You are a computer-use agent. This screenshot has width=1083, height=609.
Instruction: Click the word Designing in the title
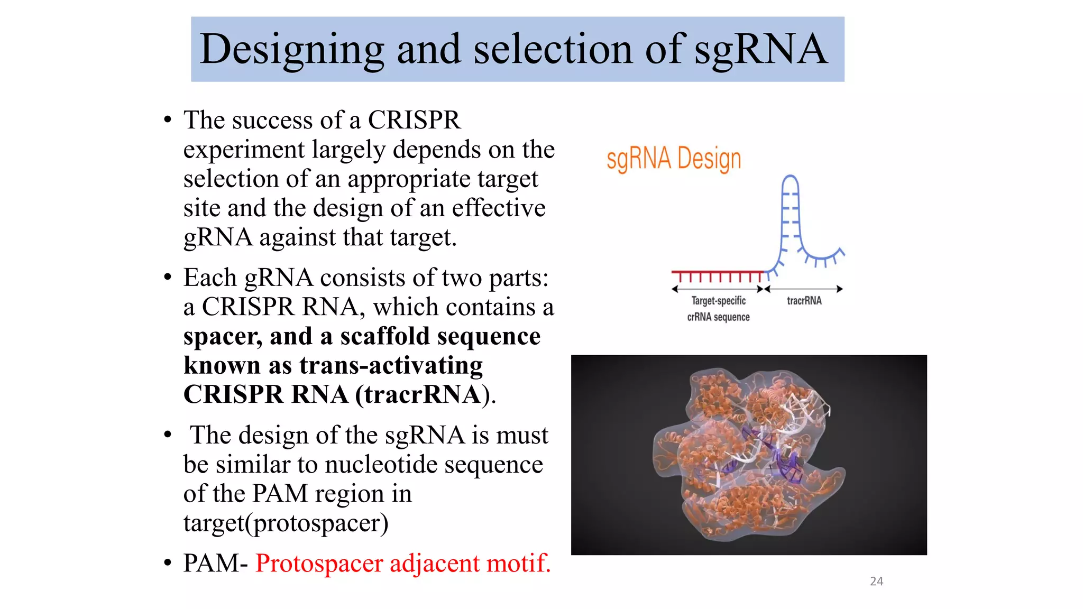[x=292, y=50]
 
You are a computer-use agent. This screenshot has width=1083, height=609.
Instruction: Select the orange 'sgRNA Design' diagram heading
[x=674, y=159]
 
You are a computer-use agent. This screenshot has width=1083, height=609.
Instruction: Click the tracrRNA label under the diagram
[x=804, y=301]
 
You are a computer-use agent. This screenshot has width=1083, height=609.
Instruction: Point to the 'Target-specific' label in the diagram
[x=718, y=301]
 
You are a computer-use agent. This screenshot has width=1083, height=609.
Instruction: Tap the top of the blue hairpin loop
[x=790, y=178]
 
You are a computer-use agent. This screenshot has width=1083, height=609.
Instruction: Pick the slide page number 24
[x=876, y=582]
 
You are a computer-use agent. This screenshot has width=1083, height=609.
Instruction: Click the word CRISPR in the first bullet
[x=414, y=120]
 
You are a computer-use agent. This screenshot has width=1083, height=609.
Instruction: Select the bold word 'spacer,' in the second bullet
[x=222, y=337]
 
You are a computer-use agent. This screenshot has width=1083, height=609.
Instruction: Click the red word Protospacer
[x=319, y=563]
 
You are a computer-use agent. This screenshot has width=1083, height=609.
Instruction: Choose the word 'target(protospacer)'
[x=286, y=523]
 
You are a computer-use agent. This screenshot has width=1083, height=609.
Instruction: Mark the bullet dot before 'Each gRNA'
[x=168, y=277]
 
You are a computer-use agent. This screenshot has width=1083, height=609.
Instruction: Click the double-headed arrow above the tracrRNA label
[x=804, y=289]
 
